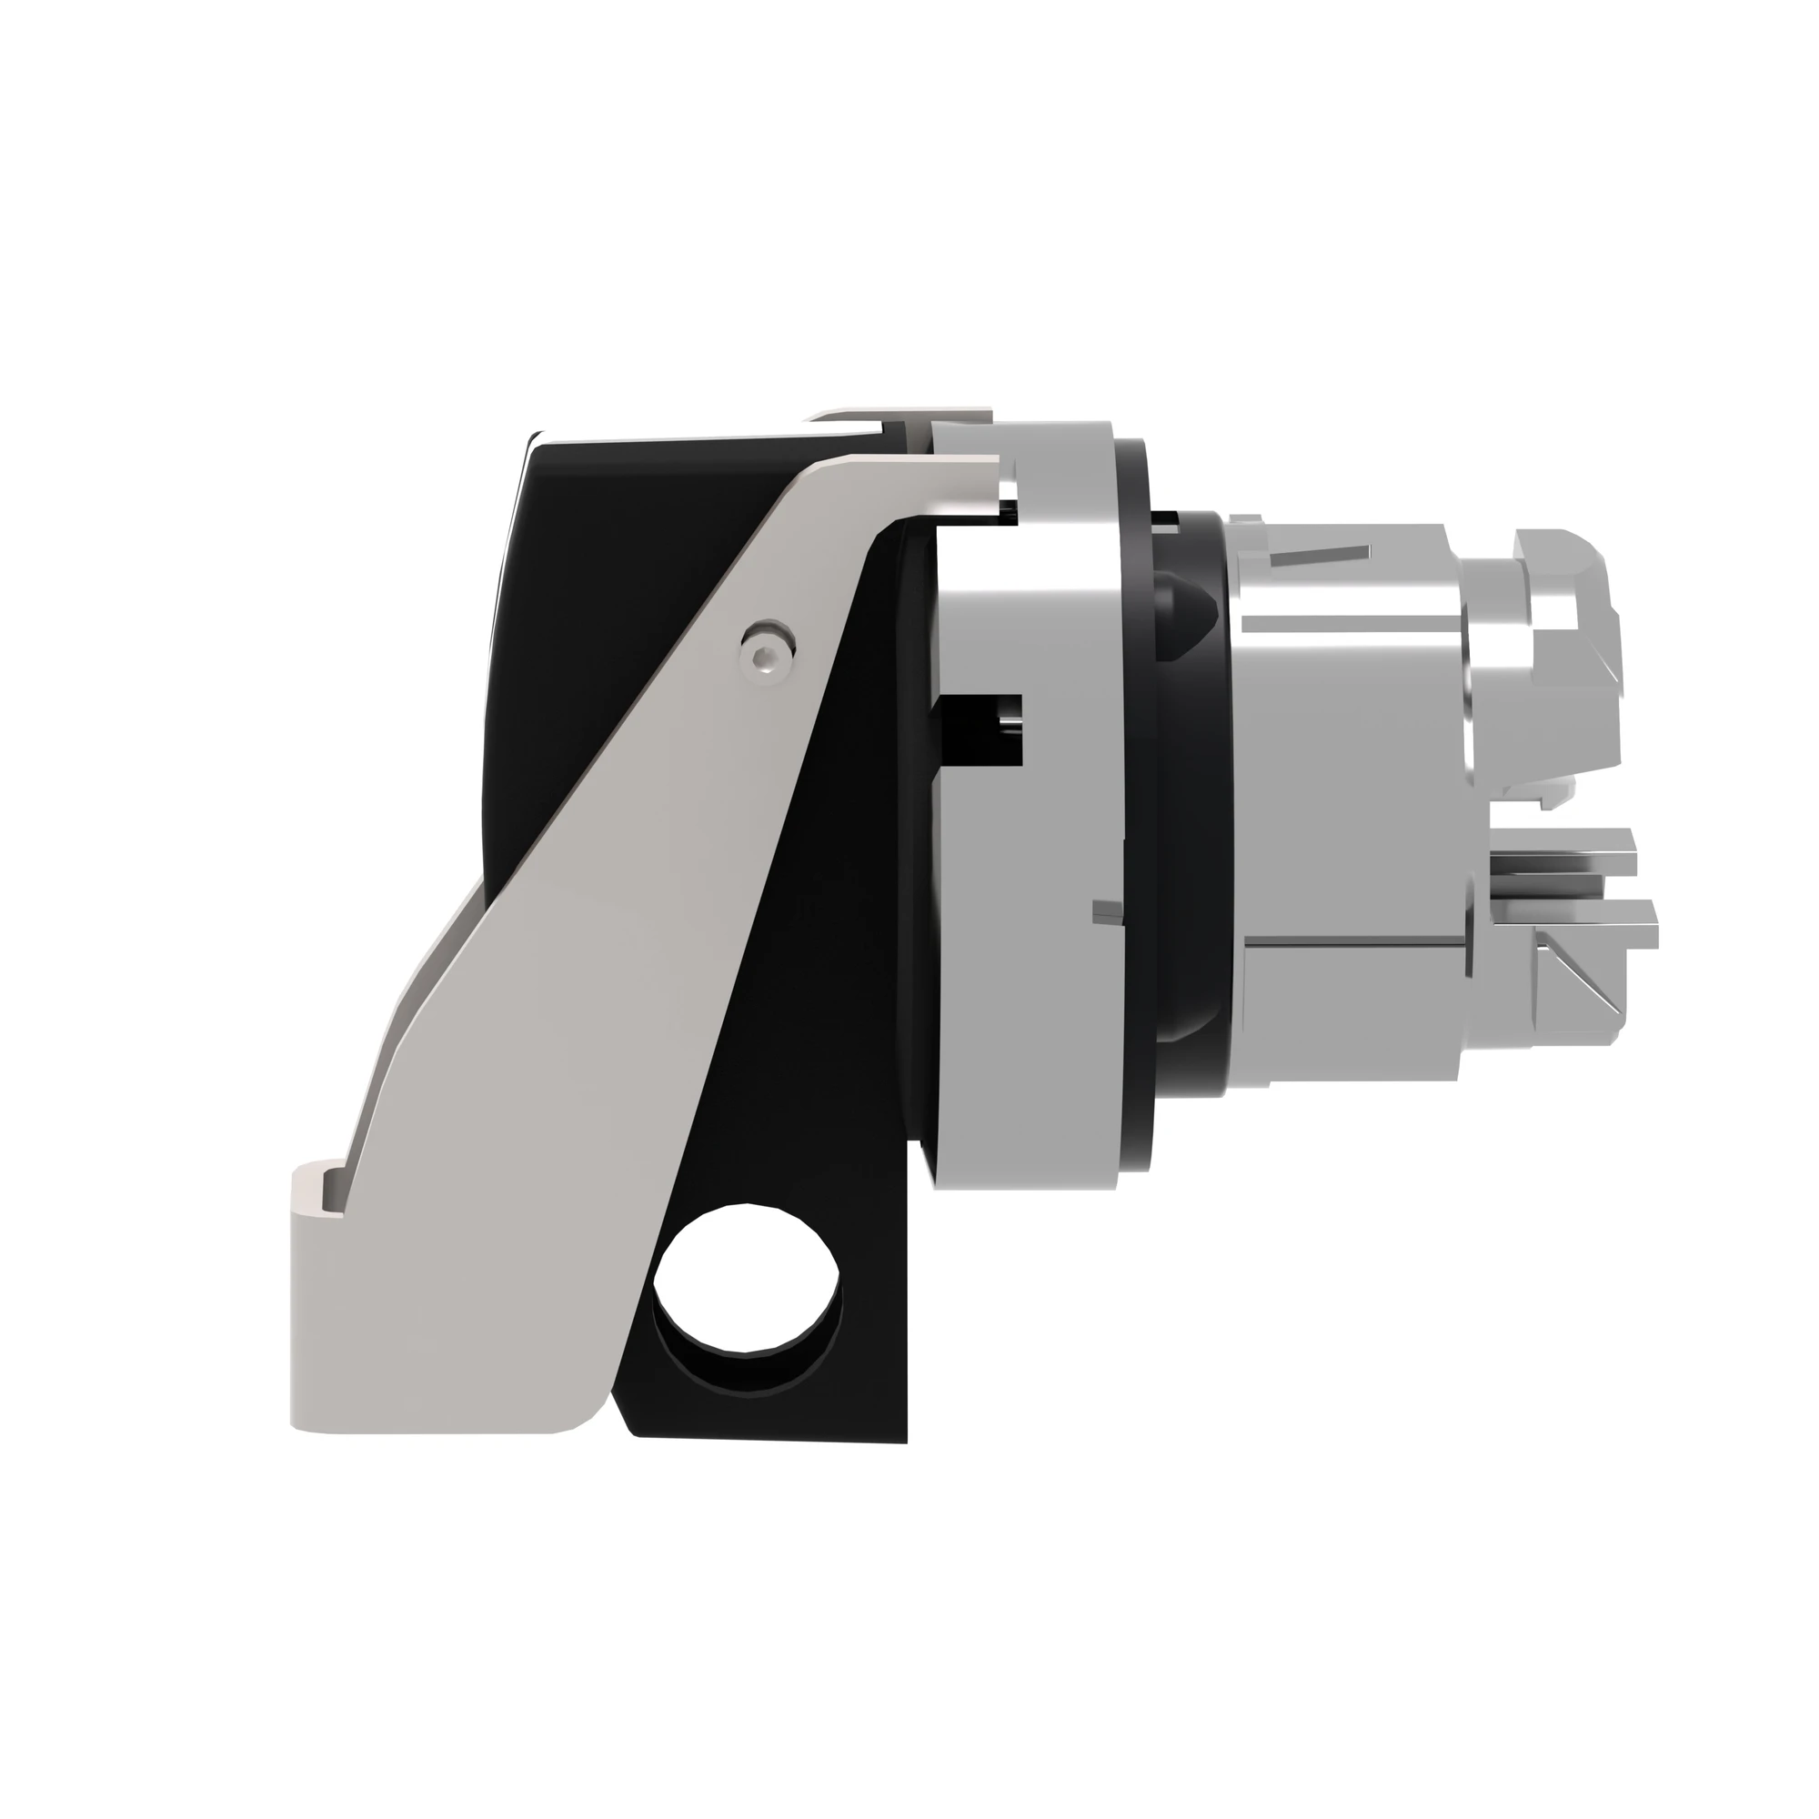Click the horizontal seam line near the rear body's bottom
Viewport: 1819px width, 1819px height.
tap(1356, 940)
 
